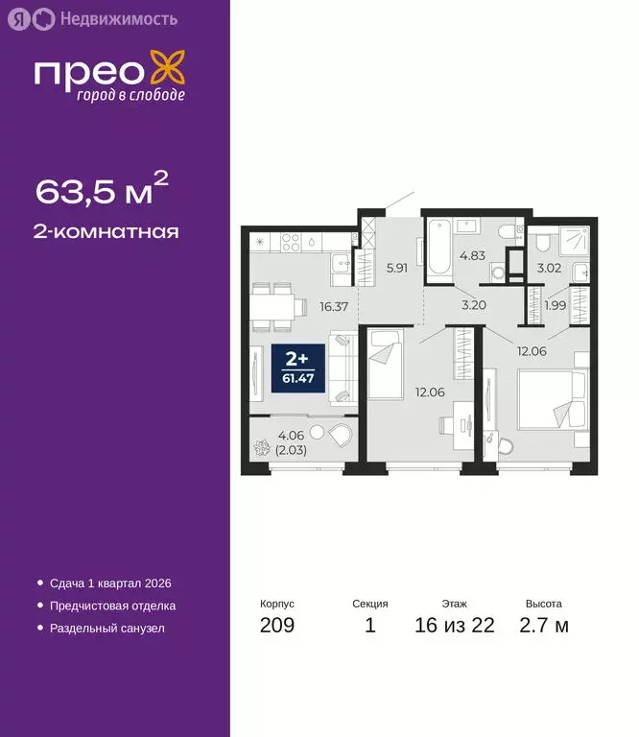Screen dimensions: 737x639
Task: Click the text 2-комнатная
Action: tap(107, 231)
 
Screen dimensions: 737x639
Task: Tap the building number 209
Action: tap(277, 627)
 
